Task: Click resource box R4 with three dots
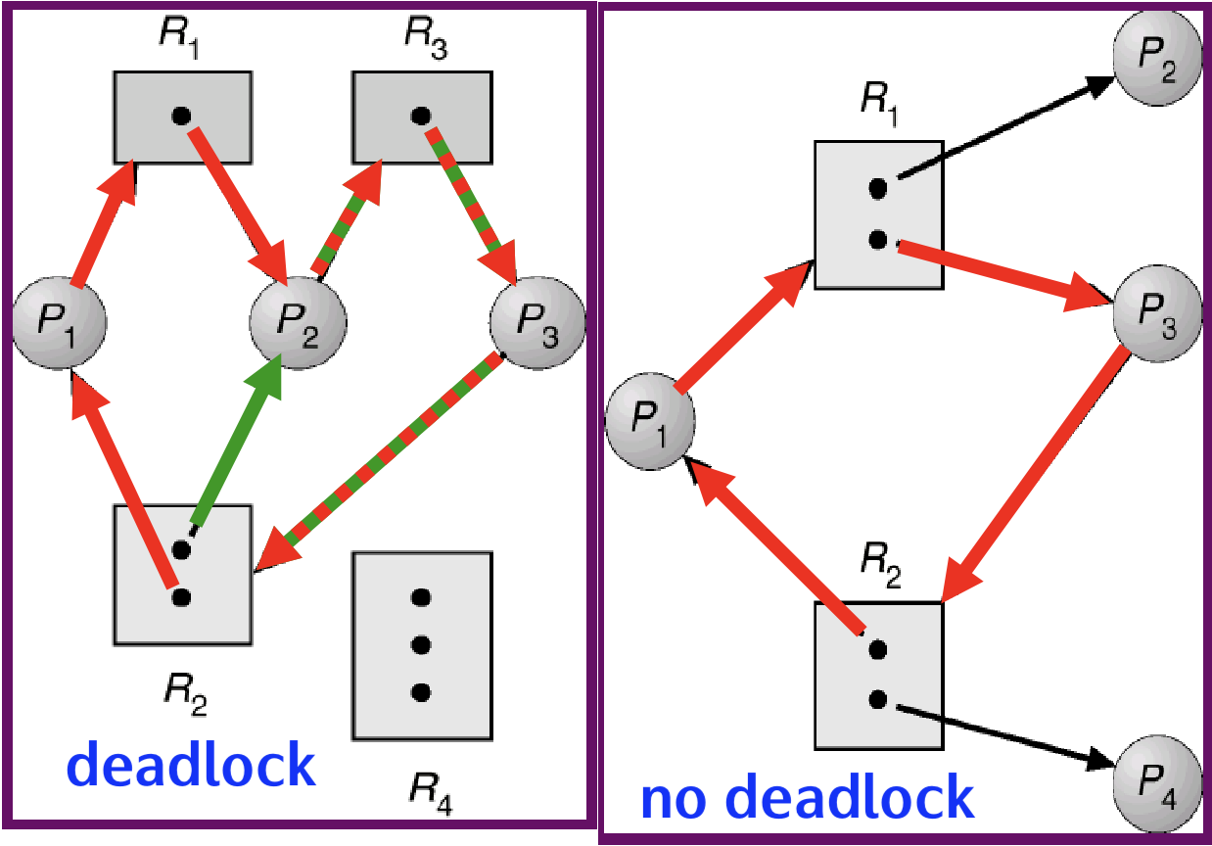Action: [422, 644]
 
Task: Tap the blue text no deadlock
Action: [808, 798]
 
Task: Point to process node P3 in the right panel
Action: [1158, 306]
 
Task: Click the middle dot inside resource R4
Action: [422, 644]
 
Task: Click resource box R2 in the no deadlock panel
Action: [878, 675]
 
